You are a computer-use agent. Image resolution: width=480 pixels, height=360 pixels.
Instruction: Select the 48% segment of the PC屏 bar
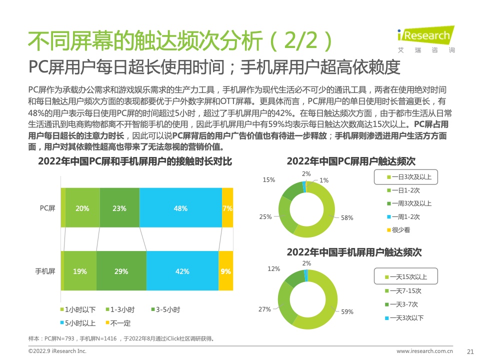coord(180,208)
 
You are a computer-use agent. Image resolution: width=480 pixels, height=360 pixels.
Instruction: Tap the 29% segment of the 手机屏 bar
coord(121,271)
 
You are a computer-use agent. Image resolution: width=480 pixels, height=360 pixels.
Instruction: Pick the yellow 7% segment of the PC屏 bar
coord(227,208)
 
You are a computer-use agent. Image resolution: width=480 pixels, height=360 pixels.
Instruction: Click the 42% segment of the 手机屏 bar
coord(182,271)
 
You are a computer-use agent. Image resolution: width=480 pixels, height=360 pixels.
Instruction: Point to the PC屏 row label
coord(47,208)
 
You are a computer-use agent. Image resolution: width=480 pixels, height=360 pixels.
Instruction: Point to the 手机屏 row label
coord(44,271)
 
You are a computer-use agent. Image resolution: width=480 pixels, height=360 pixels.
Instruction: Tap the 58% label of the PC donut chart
coord(347,217)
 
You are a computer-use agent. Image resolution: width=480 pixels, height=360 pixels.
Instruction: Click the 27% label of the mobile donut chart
coord(264,309)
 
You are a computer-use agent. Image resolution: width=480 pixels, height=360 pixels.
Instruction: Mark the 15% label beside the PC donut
coord(268,179)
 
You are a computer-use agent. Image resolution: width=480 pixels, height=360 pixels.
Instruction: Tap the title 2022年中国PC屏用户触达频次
coord(351,161)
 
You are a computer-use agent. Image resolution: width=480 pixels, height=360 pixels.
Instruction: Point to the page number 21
coord(469,351)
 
